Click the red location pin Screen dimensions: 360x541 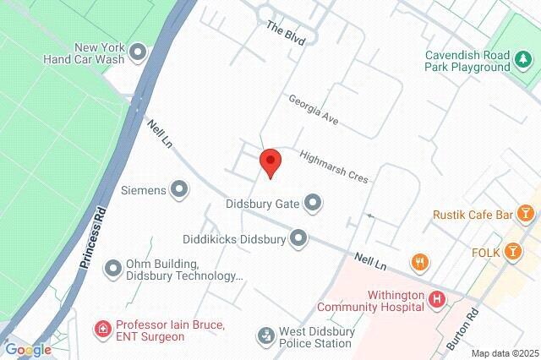(x=270, y=161)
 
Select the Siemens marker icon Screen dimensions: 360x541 (x=179, y=189)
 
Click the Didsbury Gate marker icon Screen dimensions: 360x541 (x=314, y=203)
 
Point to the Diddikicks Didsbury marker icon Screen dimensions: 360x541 (x=298, y=239)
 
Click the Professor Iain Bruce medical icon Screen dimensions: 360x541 (x=103, y=328)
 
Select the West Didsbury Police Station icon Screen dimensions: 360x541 (x=266, y=335)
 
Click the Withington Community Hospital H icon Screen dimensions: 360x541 (x=436, y=298)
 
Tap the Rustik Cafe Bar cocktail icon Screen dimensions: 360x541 (x=526, y=215)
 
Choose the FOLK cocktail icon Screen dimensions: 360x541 (x=512, y=251)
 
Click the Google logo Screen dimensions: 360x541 (x=28, y=350)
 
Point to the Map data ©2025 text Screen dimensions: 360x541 (x=505, y=353)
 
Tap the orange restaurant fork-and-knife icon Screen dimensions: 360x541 (x=418, y=262)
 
